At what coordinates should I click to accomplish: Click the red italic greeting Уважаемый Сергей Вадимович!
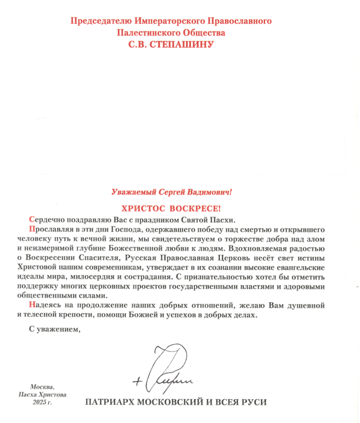coord(172,192)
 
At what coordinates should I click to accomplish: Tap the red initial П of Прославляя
coord(32,230)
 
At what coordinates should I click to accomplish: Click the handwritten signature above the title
coord(166,370)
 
